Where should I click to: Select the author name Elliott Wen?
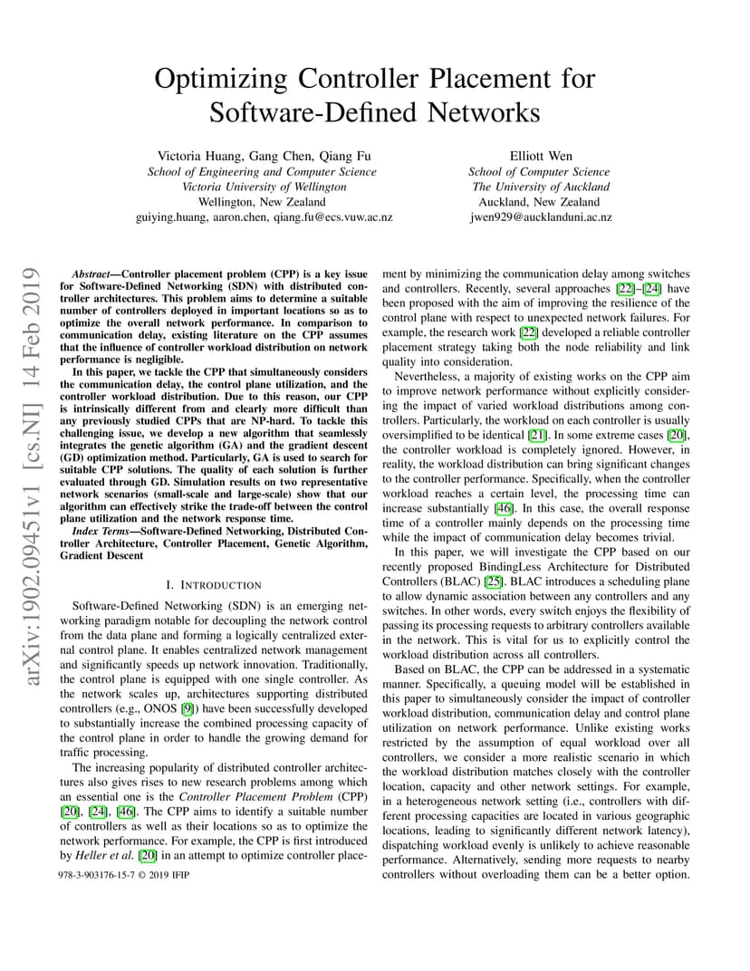tap(541, 156)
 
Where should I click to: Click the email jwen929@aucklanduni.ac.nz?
tap(541, 217)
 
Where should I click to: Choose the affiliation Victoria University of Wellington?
tap(262, 187)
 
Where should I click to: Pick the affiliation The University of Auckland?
tap(541, 187)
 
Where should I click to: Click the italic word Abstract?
tap(91, 273)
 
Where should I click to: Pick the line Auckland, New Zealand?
tap(541, 202)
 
